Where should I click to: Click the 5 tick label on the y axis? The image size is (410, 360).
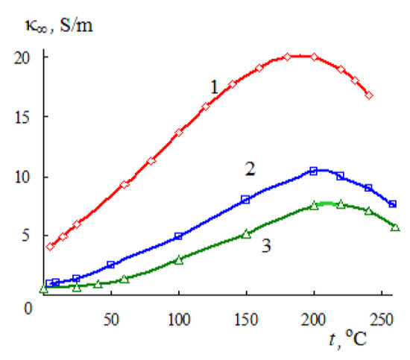[27, 237]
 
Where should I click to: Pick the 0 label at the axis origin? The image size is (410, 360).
[27, 304]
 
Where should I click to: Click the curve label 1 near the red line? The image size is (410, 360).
[213, 88]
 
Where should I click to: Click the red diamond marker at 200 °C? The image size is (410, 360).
[314, 57]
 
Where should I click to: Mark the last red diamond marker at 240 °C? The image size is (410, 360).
[369, 95]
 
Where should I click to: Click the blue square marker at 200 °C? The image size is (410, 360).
[314, 171]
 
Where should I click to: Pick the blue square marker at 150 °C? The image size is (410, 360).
[246, 200]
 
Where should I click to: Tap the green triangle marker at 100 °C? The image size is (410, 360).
[179, 260]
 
